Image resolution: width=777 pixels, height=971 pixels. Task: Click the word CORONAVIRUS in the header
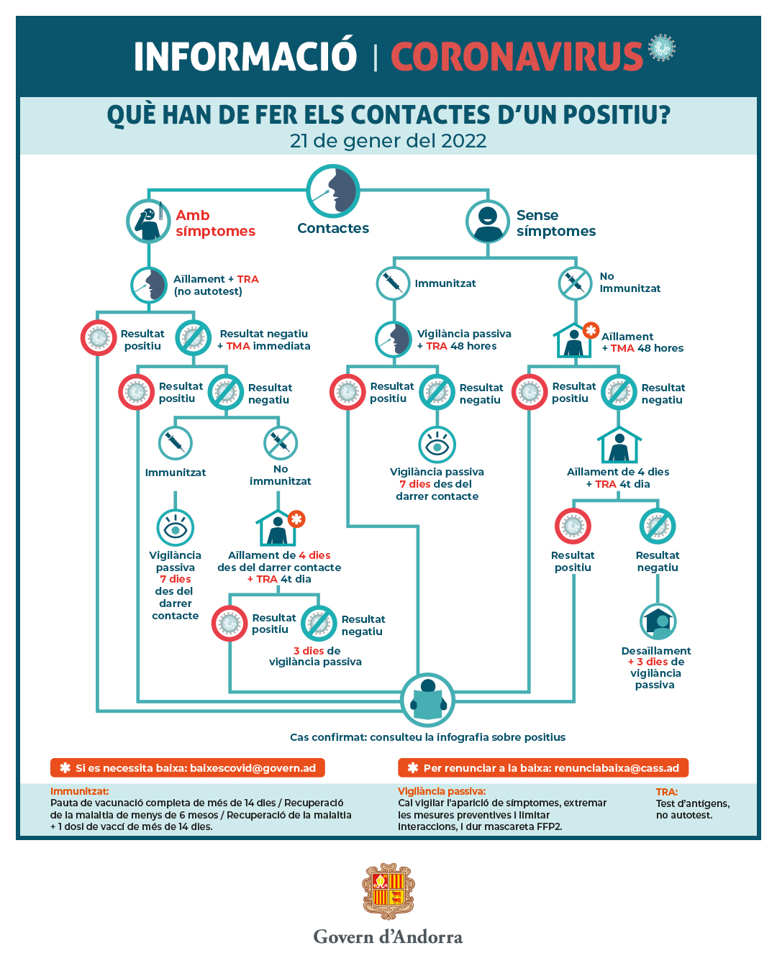[x=517, y=57]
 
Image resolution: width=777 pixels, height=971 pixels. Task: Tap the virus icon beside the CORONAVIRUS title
[x=661, y=47]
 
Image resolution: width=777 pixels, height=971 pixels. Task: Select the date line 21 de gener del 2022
[x=388, y=141]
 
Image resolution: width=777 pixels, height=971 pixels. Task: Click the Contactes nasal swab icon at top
[x=333, y=191]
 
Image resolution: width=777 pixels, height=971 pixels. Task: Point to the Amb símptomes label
[x=215, y=223]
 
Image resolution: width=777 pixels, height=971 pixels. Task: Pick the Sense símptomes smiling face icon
[x=488, y=221]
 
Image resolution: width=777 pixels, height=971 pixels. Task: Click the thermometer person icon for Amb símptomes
[x=149, y=221]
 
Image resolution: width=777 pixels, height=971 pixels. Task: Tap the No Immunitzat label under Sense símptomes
[x=630, y=283]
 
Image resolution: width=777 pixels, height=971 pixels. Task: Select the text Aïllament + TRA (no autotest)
[x=215, y=285]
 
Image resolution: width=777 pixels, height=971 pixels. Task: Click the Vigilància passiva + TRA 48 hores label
[x=464, y=339]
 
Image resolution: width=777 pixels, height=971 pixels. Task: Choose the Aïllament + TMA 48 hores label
[x=642, y=342]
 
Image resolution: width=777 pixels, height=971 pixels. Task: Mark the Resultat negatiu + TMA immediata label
[x=264, y=339]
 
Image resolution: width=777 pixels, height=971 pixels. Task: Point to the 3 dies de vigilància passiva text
[x=316, y=656]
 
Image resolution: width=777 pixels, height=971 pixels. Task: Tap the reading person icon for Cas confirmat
[x=428, y=700]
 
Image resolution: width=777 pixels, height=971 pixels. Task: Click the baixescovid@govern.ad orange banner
[x=188, y=768]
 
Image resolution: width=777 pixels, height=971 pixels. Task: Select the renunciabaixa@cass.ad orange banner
[x=543, y=768]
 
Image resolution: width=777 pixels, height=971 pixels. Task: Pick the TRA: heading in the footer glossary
[x=667, y=792]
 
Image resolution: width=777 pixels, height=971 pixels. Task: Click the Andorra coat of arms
[x=388, y=892]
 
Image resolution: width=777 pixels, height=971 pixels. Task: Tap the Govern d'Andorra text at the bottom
[x=388, y=936]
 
